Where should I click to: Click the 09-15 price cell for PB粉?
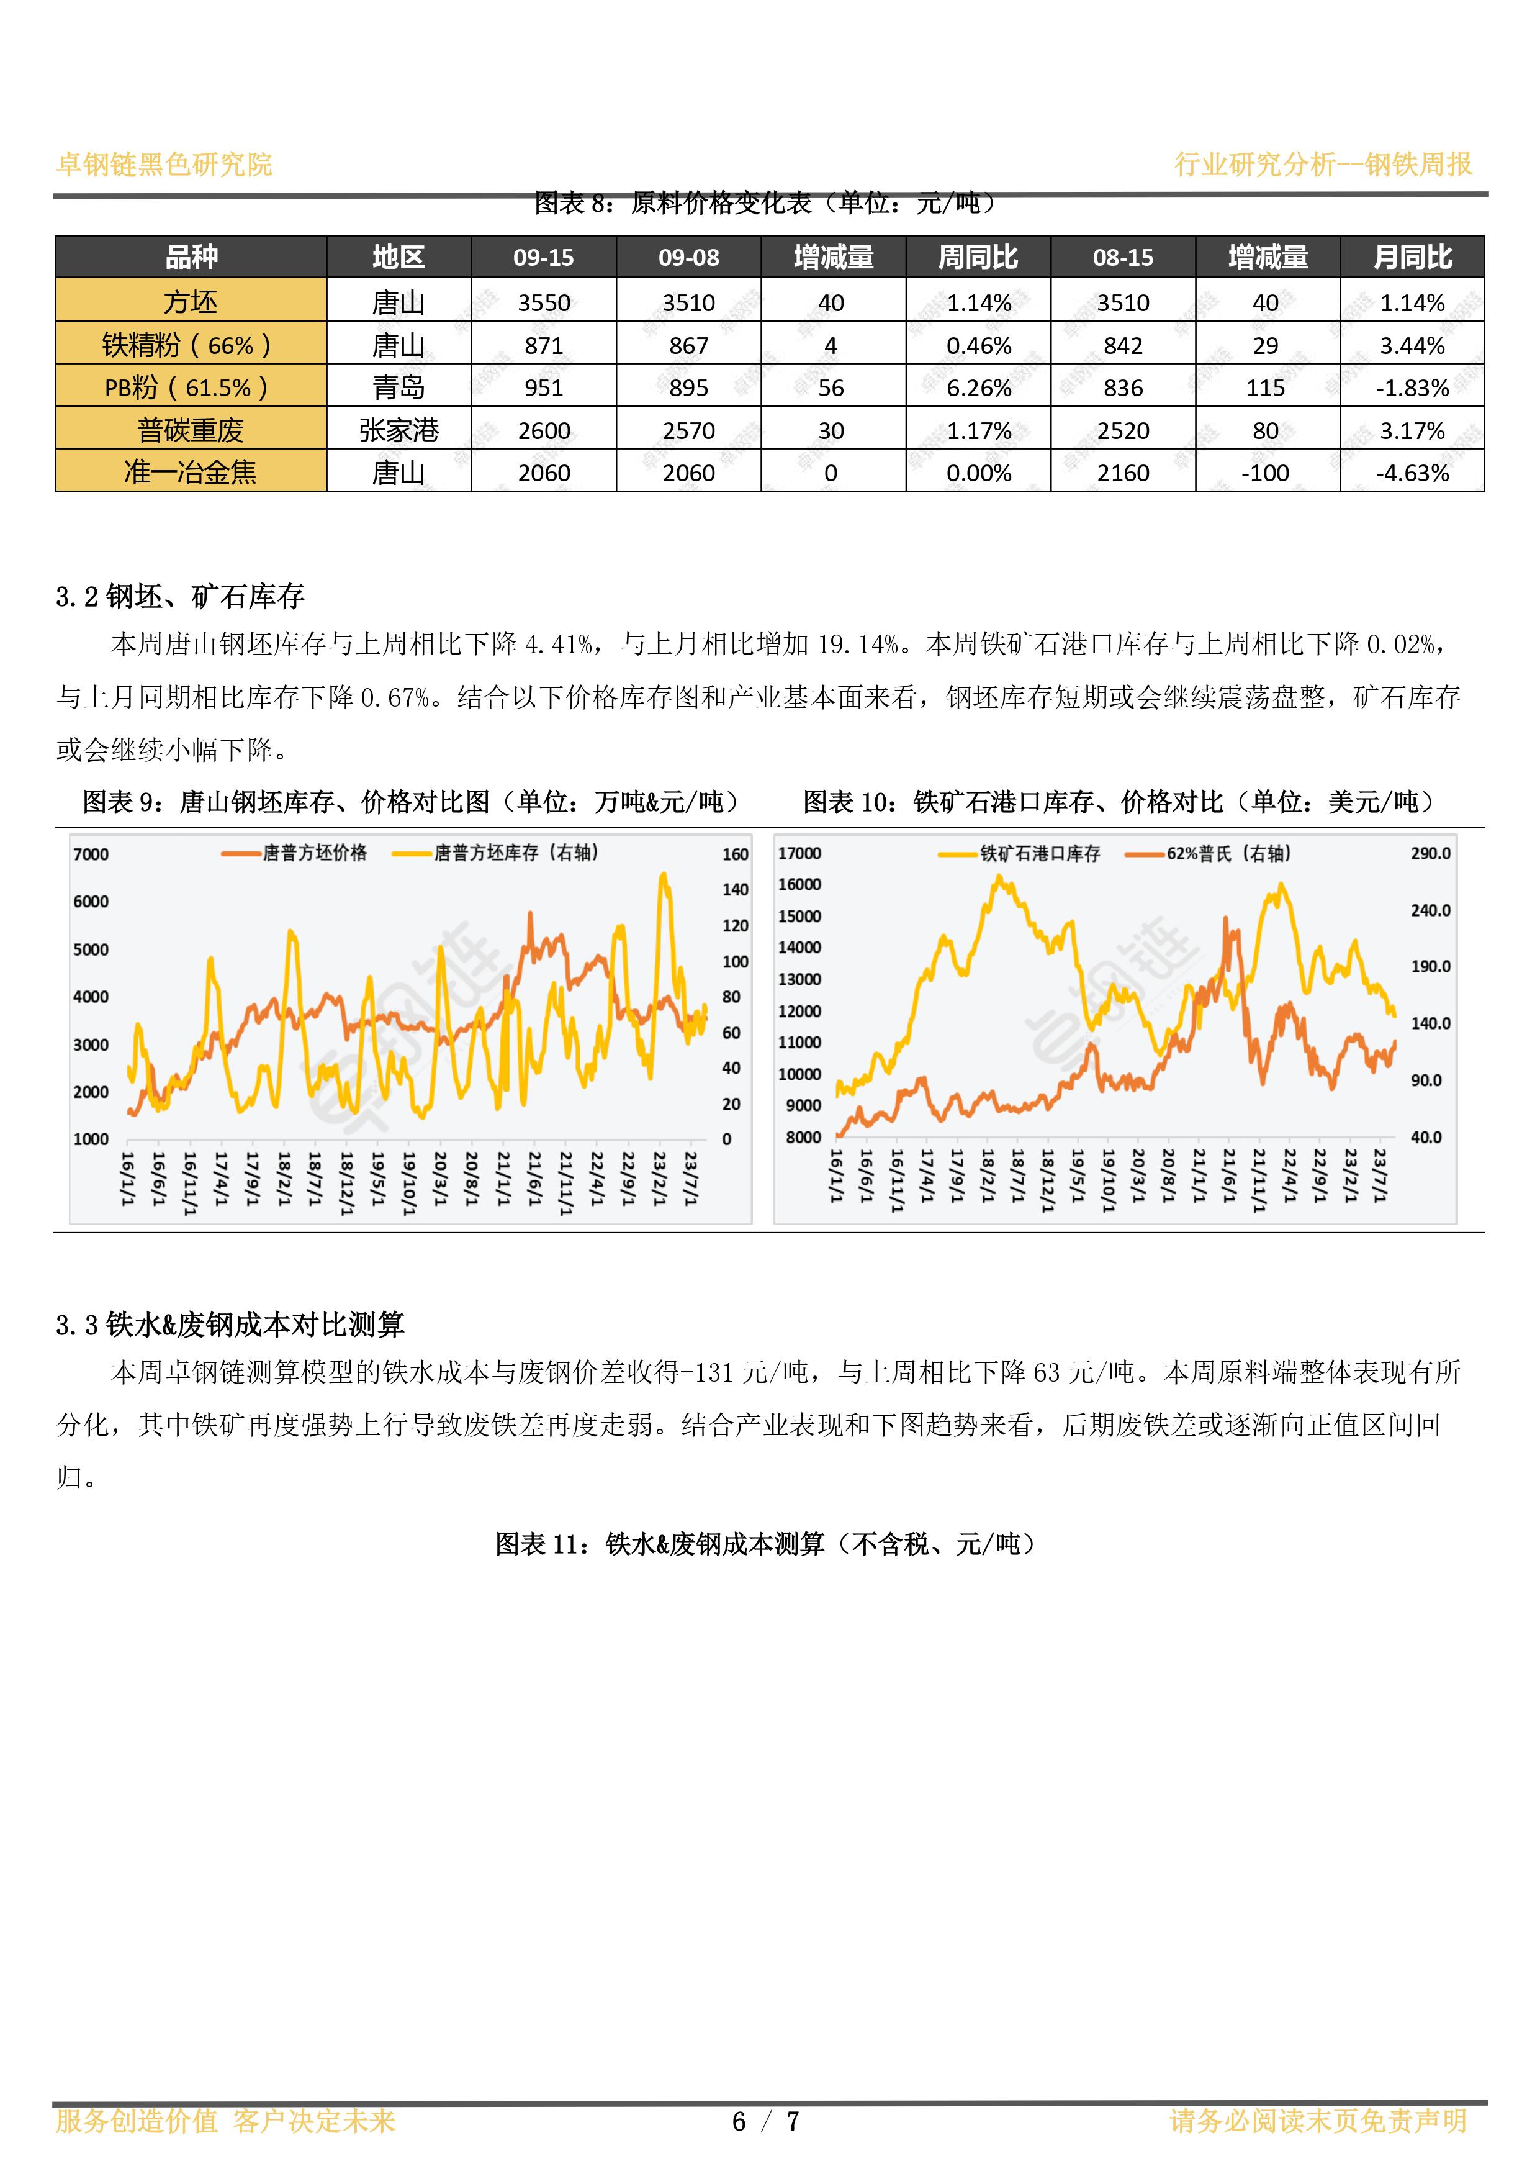point(544,388)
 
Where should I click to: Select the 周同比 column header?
point(978,257)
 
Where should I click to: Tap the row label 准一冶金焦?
point(191,472)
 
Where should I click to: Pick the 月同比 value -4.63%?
point(1412,473)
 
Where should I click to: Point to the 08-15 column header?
point(1123,257)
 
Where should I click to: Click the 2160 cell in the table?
point(1123,473)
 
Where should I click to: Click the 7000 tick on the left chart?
point(91,854)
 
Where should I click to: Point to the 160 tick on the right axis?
point(736,854)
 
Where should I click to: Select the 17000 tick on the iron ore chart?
point(800,853)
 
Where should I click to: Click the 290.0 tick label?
point(1431,853)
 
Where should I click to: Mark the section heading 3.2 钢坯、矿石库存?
point(180,596)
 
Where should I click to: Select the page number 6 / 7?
point(767,2121)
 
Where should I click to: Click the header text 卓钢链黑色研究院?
point(164,164)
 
